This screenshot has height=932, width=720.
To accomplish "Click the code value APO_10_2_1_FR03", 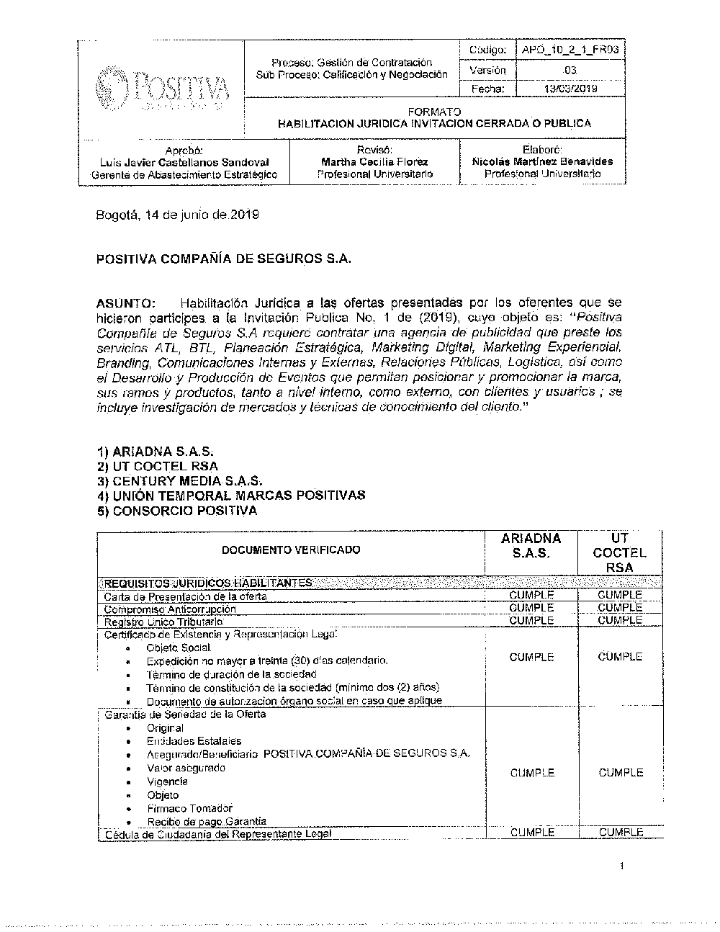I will click(571, 50).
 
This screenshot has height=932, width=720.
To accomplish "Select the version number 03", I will click(570, 70).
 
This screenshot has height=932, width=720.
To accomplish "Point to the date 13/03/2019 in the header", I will click(570, 89).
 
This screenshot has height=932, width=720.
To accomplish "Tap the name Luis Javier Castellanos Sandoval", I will click(184, 162).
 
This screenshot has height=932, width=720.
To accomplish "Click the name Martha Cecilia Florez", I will click(374, 162).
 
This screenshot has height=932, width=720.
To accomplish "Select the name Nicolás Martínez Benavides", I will click(542, 161).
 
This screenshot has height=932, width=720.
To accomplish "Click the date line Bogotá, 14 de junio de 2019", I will click(177, 215).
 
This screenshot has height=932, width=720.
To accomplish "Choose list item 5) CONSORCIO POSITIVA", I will click(177, 511).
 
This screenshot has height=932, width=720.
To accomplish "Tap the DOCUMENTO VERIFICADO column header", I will click(291, 550).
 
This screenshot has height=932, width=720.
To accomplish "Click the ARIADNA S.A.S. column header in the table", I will click(531, 546).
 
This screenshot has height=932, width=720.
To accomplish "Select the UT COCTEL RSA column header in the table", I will click(620, 552).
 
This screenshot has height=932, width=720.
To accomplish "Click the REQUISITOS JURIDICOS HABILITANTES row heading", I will click(209, 583).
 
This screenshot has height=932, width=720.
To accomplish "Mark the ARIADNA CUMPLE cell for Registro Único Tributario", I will click(531, 620).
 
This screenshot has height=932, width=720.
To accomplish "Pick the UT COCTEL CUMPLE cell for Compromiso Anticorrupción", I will click(620, 608).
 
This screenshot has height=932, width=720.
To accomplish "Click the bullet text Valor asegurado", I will click(186, 768).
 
